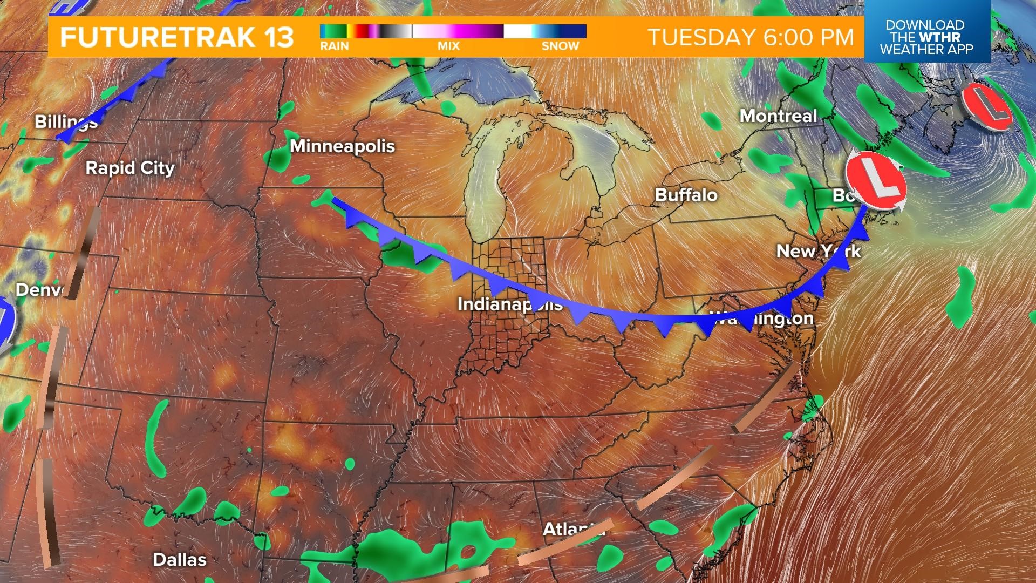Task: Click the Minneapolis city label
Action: [x=342, y=146]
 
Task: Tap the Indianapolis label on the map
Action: [x=509, y=304]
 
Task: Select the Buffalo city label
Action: [x=686, y=195]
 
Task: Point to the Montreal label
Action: [x=778, y=116]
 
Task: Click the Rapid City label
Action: [x=130, y=168]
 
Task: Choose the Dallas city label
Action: [x=180, y=560]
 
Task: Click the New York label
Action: [x=818, y=251]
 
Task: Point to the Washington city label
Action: [x=762, y=318]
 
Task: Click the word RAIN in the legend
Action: [x=335, y=46]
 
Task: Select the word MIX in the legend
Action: [x=448, y=46]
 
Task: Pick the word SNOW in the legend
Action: [x=560, y=46]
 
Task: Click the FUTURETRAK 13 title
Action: [x=177, y=37]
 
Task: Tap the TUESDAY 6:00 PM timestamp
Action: [x=751, y=37]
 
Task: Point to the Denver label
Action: [x=39, y=290]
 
